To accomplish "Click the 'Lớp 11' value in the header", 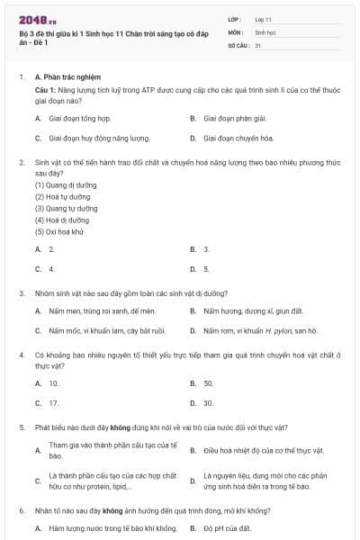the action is pos(264,18).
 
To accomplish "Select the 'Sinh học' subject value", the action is pos(265,31).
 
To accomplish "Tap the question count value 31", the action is pos(258,44).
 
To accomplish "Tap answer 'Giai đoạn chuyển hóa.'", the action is pos(238,139).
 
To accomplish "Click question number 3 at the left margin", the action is pos(22,293).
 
